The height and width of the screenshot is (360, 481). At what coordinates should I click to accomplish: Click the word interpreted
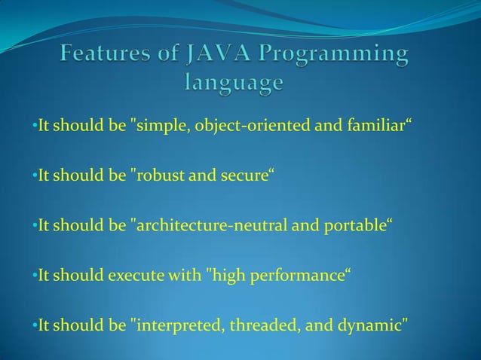[173, 326]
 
